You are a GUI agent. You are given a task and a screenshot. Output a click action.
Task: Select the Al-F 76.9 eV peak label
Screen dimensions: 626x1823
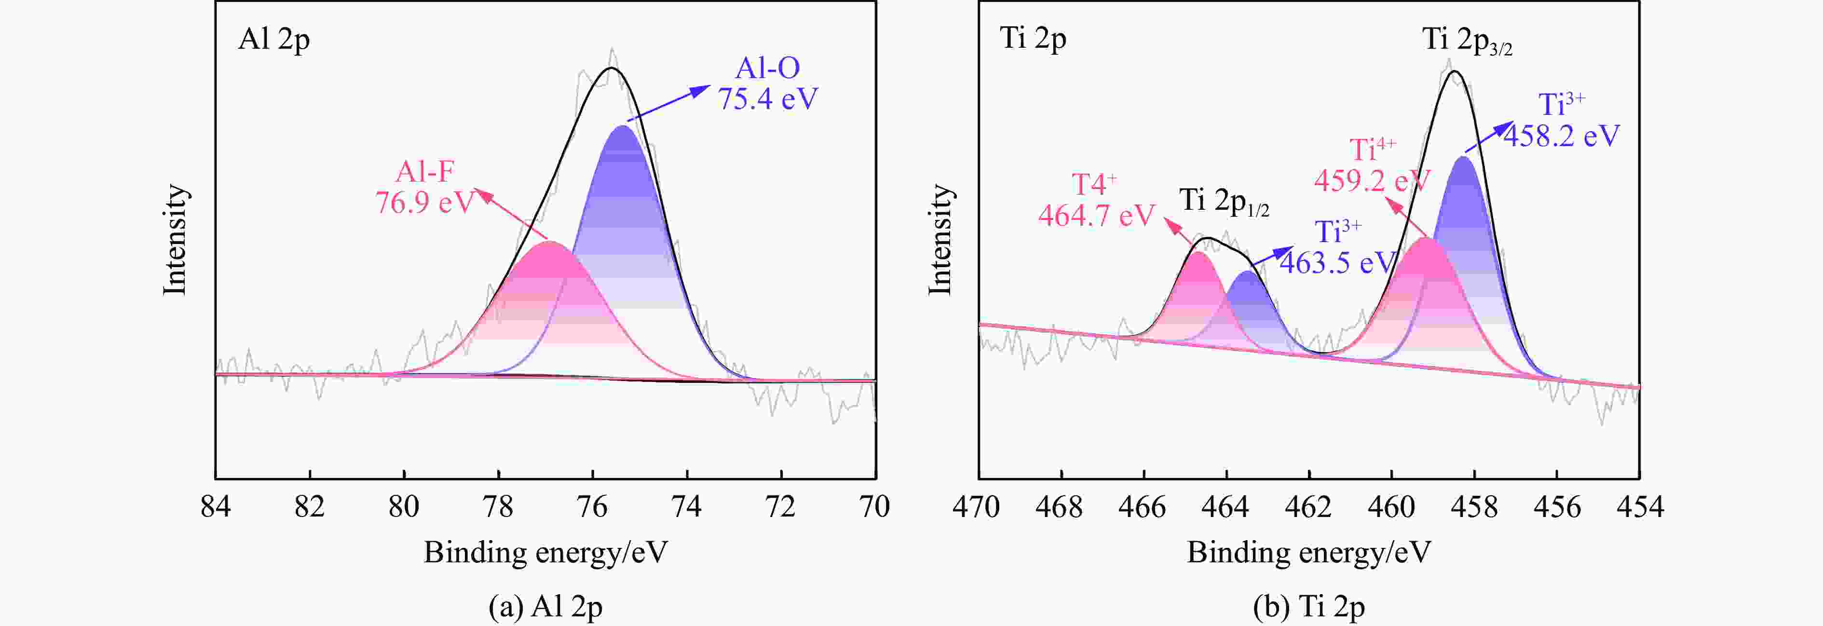pyautogui.click(x=424, y=188)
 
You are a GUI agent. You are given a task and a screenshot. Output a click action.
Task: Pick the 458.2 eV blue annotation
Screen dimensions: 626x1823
pyautogui.click(x=1561, y=120)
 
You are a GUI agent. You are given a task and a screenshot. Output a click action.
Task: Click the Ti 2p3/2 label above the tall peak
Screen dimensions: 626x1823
pyautogui.click(x=1467, y=41)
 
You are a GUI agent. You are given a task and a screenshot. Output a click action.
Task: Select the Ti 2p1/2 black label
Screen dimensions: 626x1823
pyautogui.click(x=1224, y=202)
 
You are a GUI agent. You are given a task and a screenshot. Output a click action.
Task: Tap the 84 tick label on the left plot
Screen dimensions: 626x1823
pyautogui.click(x=215, y=506)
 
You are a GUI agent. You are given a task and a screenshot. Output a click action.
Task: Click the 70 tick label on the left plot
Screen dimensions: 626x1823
pyautogui.click(x=875, y=506)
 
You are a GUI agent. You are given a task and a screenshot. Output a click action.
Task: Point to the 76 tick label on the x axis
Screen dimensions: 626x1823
pyautogui.click(x=592, y=506)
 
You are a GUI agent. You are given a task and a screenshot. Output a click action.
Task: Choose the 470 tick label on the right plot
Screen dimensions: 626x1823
pyautogui.click(x=977, y=506)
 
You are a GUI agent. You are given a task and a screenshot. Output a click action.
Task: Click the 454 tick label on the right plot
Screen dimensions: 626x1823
pyautogui.click(x=1640, y=506)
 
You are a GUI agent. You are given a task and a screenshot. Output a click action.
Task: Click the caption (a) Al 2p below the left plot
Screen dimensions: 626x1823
pyautogui.click(x=545, y=607)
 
